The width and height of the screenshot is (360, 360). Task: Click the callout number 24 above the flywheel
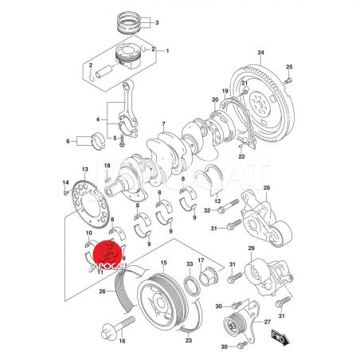[260, 53]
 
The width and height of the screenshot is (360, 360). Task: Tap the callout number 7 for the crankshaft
[163, 123]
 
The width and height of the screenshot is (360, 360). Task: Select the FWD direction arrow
[280, 338]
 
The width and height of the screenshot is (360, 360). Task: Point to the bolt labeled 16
[118, 327]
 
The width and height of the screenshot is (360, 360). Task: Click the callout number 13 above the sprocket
[84, 169]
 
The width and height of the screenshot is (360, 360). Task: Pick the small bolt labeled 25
[288, 80]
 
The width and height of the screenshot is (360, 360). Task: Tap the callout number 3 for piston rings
[157, 22]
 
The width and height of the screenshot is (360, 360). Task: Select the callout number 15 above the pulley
[163, 263]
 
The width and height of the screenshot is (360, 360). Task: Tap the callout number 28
[267, 188]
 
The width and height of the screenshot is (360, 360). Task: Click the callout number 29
[251, 248]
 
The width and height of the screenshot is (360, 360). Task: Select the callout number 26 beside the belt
[102, 292]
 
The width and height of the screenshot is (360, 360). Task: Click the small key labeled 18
[108, 180]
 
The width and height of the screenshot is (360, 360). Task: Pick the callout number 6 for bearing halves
[68, 141]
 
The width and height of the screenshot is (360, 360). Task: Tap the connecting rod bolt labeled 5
[122, 140]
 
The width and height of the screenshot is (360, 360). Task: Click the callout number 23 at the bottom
[189, 340]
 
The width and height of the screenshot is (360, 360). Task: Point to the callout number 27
[267, 322]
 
